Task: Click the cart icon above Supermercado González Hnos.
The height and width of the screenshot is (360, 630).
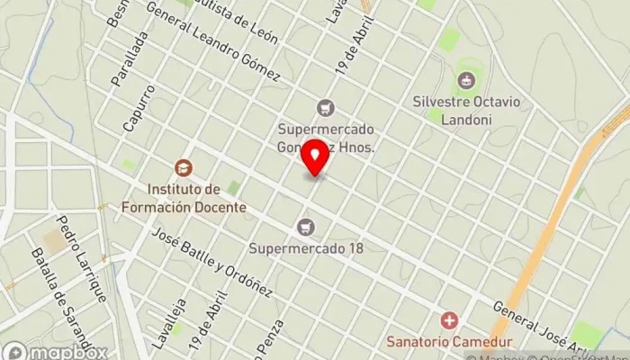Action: coord(325,108)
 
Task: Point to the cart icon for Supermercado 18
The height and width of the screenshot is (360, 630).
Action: coord(307,226)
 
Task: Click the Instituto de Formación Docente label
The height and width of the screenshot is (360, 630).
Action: coord(197,198)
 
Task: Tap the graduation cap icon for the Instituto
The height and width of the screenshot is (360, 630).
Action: coord(184,167)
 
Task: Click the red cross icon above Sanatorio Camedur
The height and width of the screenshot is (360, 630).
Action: coord(448,320)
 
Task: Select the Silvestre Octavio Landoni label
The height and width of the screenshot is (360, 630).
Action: coord(465,109)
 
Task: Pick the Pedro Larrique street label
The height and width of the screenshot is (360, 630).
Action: coord(82,257)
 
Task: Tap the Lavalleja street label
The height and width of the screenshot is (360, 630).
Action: coord(162,325)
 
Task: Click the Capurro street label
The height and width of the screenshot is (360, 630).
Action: coord(139,109)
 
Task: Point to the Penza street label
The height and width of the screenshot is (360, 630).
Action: coord(273,338)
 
